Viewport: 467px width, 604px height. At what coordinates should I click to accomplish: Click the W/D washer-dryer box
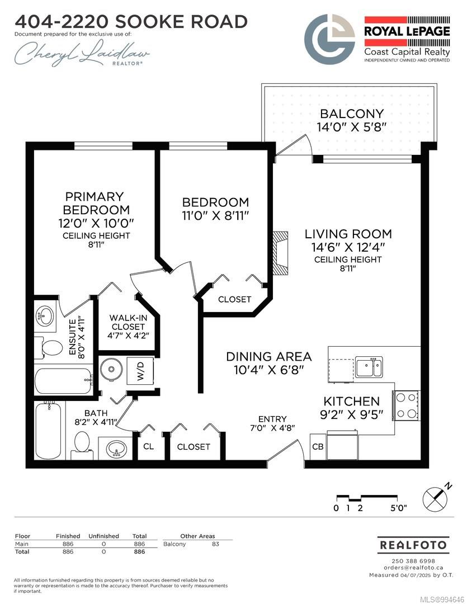coord(140,371)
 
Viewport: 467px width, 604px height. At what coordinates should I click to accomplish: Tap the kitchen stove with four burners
coord(407,405)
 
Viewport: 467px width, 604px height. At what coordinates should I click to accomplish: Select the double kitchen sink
coord(369,367)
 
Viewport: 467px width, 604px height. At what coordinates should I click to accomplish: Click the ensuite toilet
coord(49,348)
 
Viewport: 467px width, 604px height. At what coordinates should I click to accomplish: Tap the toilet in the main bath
coord(82,442)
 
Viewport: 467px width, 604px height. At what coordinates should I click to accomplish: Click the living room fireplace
coord(281,253)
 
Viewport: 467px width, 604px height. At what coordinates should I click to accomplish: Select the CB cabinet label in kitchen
coord(318,446)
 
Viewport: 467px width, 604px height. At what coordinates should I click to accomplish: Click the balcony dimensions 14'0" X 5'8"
coord(351,127)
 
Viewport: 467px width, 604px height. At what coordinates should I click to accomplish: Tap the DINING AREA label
coord(269,356)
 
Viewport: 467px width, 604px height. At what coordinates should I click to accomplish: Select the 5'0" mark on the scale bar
coord(398,508)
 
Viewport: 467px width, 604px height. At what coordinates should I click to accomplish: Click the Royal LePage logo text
coord(407,31)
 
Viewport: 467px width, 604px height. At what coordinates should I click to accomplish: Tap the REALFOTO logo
coord(413,545)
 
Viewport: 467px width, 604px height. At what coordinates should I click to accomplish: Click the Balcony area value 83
coord(215,544)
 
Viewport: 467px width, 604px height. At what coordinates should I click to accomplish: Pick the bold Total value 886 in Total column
coord(139,551)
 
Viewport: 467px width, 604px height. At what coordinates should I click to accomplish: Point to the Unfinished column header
coord(103,536)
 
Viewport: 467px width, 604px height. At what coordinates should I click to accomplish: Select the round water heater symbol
coord(112,369)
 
